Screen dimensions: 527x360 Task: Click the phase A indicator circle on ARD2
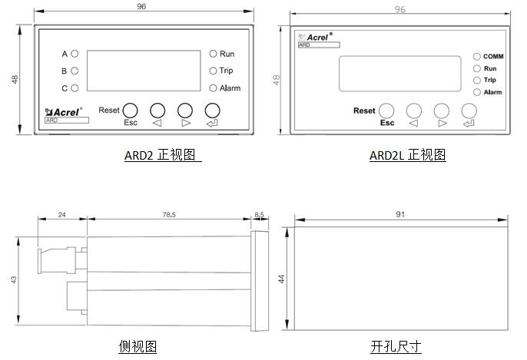point(75,54)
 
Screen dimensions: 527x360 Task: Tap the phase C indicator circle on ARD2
point(75,88)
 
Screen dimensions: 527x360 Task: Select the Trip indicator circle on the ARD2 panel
point(213,71)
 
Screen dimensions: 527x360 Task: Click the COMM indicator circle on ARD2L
point(476,57)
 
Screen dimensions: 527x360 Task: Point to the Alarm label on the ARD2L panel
point(492,92)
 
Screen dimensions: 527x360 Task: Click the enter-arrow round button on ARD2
point(212,111)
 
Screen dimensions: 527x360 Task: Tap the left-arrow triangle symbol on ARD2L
point(413,124)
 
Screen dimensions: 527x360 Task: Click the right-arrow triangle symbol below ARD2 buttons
point(186,123)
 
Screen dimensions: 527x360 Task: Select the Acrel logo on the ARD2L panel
point(315,37)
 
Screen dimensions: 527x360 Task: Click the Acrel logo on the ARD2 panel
point(64,112)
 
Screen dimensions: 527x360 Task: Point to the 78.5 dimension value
point(169,214)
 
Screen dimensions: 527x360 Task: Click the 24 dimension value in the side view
point(61,215)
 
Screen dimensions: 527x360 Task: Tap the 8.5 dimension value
point(259,214)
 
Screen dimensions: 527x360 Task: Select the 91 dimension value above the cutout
point(400,214)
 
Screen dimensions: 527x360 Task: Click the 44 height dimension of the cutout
point(281,279)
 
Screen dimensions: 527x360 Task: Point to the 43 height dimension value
point(14,279)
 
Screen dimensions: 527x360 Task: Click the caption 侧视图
point(138,346)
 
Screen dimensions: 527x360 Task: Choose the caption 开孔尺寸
point(396,346)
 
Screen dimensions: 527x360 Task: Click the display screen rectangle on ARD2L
point(400,74)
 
